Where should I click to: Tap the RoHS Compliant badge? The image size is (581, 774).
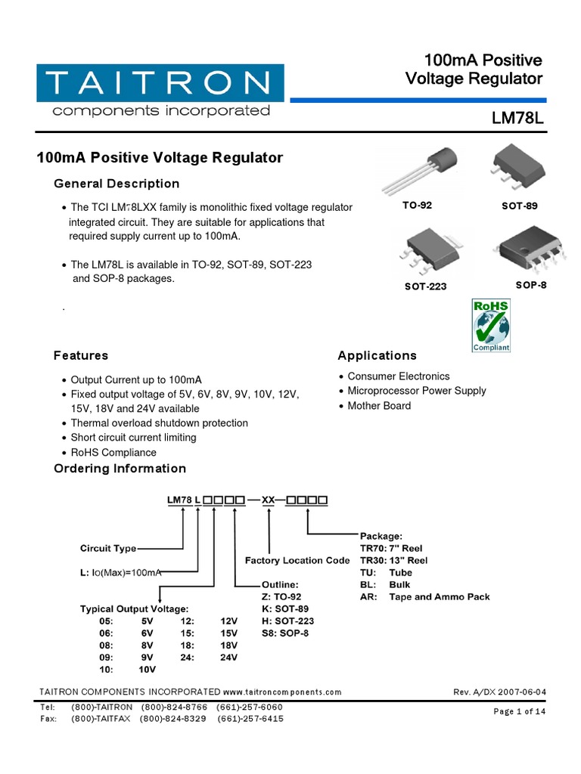(491, 325)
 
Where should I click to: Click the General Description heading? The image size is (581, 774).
(117, 184)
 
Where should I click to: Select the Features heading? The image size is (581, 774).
(81, 355)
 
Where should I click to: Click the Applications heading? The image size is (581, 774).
(377, 355)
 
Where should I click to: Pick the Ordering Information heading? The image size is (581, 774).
(120, 469)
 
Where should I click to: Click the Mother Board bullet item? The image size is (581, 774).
(379, 406)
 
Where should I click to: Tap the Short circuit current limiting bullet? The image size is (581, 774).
(133, 438)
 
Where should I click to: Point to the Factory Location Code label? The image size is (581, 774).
(297, 561)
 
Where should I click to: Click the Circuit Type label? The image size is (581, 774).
(109, 548)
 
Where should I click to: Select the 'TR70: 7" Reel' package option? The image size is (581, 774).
(391, 548)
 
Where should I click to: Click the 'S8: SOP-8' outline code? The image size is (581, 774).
(285, 633)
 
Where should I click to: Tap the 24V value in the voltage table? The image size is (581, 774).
(228, 658)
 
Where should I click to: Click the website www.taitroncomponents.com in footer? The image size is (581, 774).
(282, 692)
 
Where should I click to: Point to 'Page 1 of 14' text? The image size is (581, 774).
(519, 711)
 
